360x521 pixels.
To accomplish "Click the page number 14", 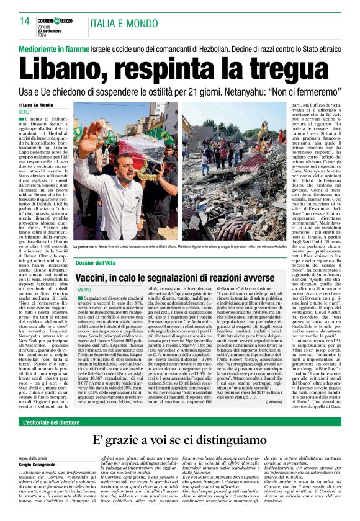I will point(25,21).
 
